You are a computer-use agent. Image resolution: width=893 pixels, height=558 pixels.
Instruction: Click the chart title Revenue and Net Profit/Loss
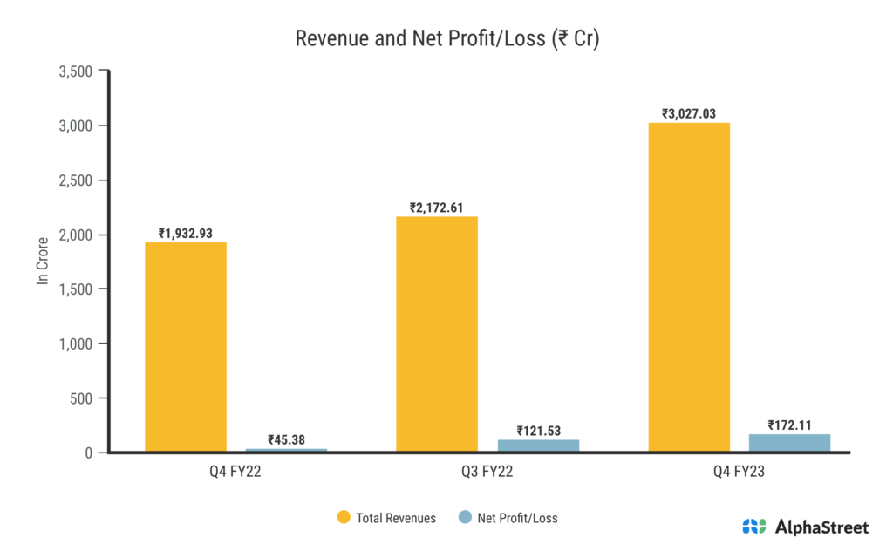point(446,39)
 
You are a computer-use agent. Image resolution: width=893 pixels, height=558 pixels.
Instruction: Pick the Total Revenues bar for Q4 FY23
point(689,288)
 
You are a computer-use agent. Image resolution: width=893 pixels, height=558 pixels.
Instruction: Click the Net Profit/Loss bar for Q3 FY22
point(538,446)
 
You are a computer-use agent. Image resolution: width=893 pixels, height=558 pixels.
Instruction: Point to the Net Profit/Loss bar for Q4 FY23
point(789,443)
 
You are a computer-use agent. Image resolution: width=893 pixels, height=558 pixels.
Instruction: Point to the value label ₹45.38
point(286,439)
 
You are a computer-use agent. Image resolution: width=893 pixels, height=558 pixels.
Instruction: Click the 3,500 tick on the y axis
point(75,71)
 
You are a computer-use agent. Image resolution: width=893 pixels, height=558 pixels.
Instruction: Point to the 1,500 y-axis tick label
point(75,289)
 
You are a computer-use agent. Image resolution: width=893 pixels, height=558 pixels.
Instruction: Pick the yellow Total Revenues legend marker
point(344,518)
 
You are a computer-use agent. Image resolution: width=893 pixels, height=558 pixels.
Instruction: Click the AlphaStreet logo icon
point(753,527)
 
